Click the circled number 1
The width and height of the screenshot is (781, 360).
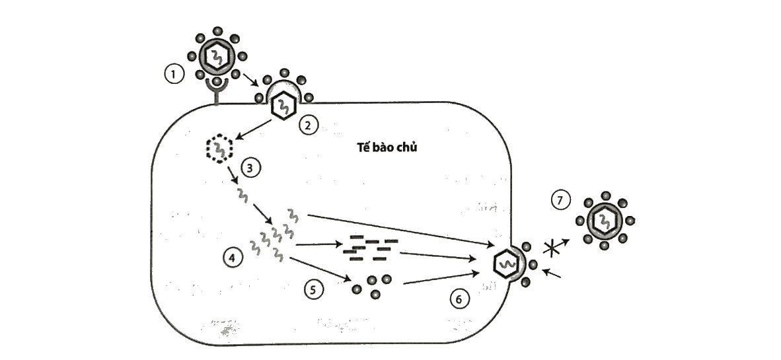(x=173, y=75)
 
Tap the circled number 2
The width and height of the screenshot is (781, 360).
(x=309, y=125)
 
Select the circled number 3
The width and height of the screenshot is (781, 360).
(x=250, y=168)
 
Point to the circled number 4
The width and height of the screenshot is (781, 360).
(x=233, y=258)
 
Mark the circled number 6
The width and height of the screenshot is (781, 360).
(x=459, y=299)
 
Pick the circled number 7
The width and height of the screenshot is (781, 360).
(x=560, y=200)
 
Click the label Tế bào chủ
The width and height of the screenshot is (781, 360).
(x=387, y=147)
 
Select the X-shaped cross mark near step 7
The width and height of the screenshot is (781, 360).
(x=551, y=248)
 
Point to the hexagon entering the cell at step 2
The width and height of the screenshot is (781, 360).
(x=283, y=106)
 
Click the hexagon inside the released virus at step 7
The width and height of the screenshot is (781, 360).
(x=605, y=219)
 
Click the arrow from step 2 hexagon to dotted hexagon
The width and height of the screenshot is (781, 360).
(x=254, y=129)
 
